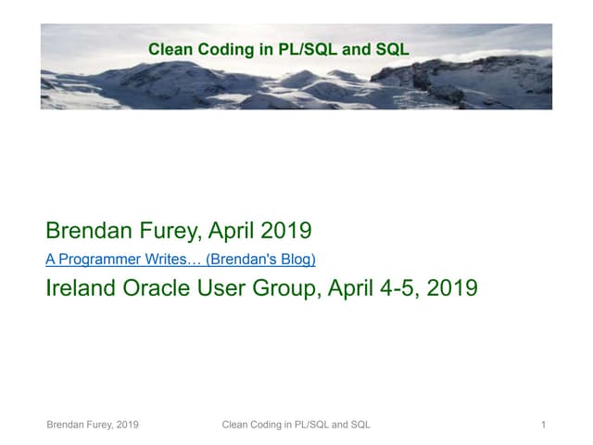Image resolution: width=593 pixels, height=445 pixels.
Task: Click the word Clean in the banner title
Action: point(169,49)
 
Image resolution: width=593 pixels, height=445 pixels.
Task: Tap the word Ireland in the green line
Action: point(79,288)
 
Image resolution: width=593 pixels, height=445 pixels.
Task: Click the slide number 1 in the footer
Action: point(543,425)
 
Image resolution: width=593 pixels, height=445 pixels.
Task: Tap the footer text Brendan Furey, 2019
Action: point(93,425)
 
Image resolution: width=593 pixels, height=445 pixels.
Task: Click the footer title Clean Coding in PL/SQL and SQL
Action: point(296,425)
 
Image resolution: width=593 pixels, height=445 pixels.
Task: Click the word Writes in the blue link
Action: point(171,259)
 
